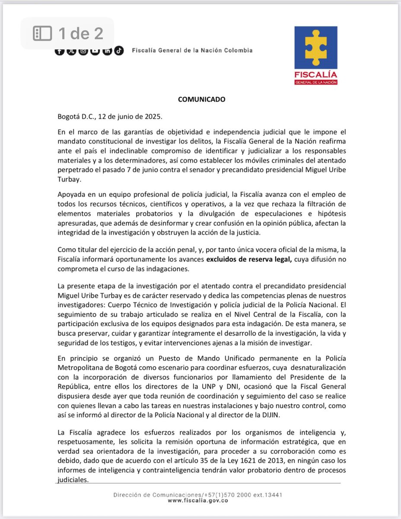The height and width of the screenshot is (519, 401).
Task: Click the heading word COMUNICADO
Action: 202,99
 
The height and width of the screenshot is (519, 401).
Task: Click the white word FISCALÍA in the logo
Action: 315,74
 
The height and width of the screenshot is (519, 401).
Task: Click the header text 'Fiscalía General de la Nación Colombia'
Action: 192,50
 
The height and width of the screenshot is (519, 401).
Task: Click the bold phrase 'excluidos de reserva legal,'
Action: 243,259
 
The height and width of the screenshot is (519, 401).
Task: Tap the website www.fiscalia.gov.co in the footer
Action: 198,500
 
